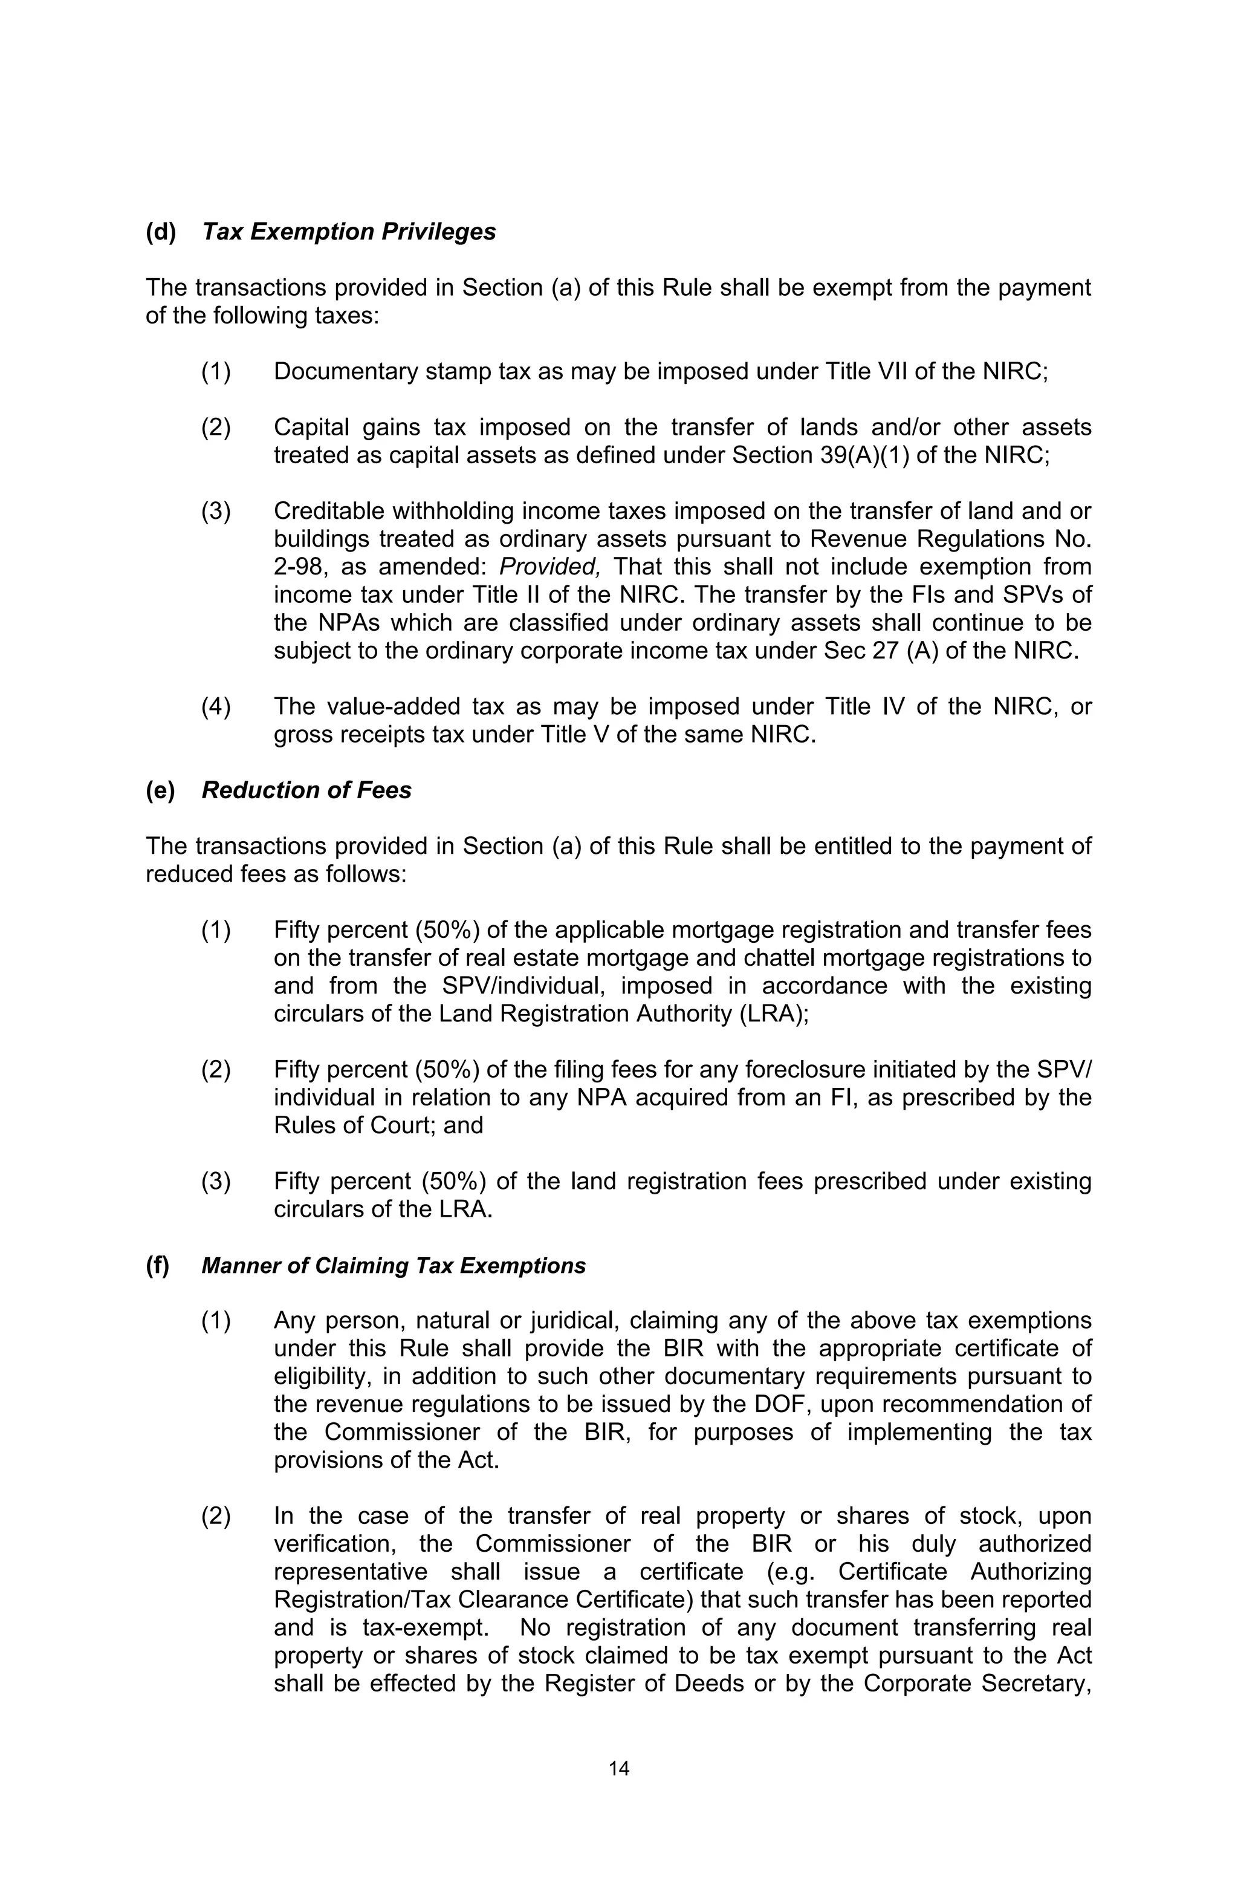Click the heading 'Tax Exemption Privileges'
pos(348,232)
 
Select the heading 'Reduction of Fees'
pos(306,790)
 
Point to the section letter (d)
pos(161,232)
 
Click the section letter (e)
pos(161,790)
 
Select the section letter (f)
pos(158,1265)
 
